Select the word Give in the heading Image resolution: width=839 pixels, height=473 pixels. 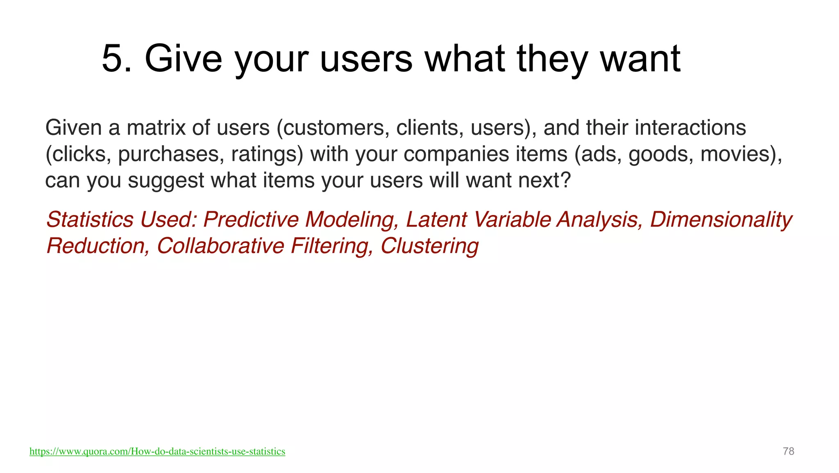pos(183,59)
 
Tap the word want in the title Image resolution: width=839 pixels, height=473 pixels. pos(640,59)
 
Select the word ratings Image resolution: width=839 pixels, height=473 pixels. pos(267,154)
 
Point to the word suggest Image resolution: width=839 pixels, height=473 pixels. pos(166,181)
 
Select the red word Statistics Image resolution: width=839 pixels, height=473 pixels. pos(90,219)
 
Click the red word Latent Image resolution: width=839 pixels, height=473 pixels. pos(436,219)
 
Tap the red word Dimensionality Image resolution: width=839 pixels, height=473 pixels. pos(721,219)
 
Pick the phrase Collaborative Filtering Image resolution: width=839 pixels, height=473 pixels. pos(264,246)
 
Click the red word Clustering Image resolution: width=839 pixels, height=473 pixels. pos(429,246)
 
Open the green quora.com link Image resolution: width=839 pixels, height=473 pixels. pos(157,452)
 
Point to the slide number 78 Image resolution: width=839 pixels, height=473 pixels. pos(788,451)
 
